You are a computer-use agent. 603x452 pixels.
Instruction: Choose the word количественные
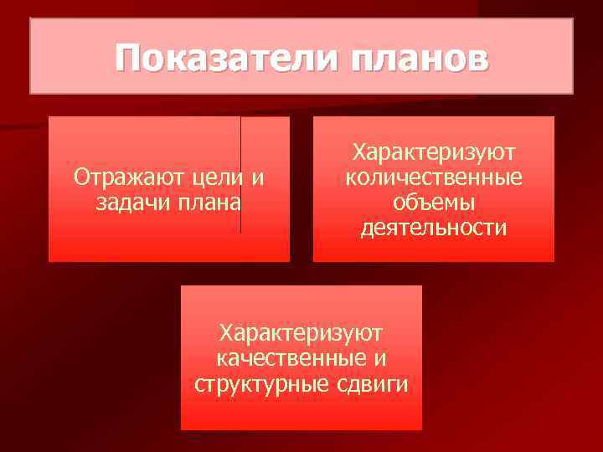(434, 178)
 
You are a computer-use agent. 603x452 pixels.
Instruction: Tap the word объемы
(434, 203)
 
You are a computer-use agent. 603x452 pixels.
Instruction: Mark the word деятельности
(434, 228)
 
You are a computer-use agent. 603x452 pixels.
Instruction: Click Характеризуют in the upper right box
(434, 153)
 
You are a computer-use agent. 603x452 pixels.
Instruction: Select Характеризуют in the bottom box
(301, 334)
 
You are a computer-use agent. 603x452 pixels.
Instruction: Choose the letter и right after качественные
(382, 360)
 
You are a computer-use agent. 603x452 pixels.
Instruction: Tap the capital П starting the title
(127, 58)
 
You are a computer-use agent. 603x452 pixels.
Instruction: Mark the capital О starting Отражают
(81, 177)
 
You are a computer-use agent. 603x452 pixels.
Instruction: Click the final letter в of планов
(475, 59)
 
